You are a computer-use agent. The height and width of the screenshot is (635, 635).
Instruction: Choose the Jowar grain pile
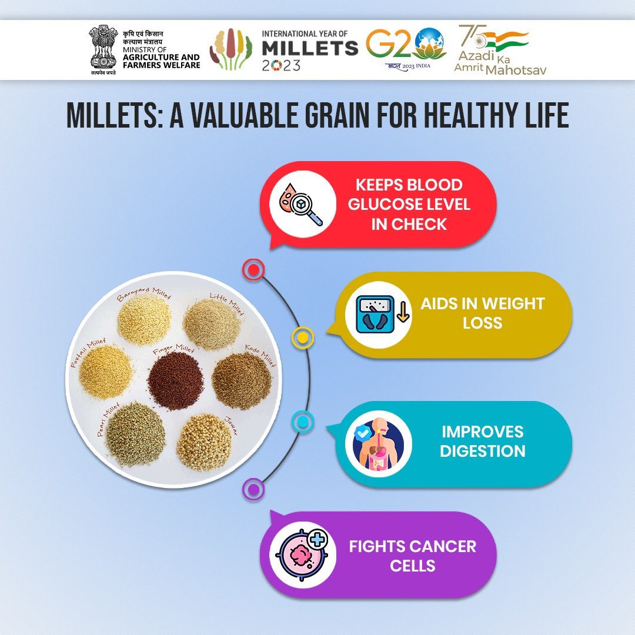click(204, 442)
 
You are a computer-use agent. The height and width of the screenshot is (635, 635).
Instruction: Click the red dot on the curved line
click(253, 270)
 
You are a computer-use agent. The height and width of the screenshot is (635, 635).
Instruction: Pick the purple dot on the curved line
click(253, 489)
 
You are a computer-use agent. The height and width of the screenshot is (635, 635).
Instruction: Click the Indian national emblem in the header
click(103, 49)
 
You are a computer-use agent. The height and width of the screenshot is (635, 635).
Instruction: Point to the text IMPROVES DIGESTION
click(482, 441)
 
